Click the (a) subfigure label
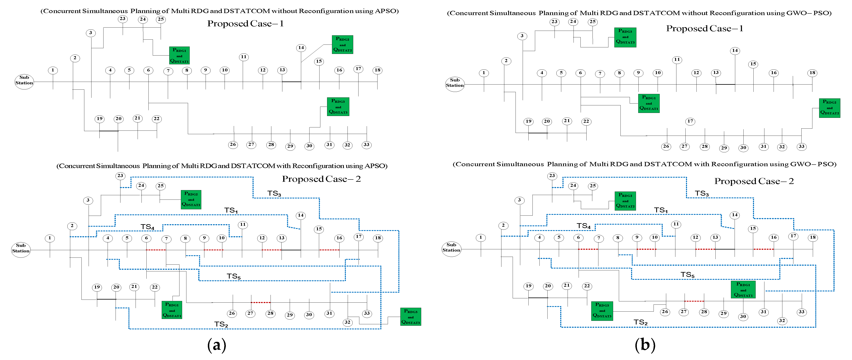pyautogui.click(x=217, y=345)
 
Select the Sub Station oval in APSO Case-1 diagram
pyautogui.click(x=24, y=80)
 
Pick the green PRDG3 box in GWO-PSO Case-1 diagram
pyautogui.click(x=625, y=37)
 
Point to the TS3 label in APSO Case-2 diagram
pyautogui.click(x=274, y=194)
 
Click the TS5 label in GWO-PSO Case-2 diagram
pyautogui.click(x=687, y=275)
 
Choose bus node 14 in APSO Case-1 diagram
pyautogui.click(x=301, y=48)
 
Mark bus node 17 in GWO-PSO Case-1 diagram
pyautogui.click(x=690, y=121)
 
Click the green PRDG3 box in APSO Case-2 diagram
pyautogui.click(x=410, y=317)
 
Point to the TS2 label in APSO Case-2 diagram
pyautogui.click(x=221, y=324)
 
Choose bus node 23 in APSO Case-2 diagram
pyautogui.click(x=120, y=176)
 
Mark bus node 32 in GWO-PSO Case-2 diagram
pyautogui.click(x=782, y=320)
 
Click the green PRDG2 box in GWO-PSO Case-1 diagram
pyautogui.click(x=830, y=108)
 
